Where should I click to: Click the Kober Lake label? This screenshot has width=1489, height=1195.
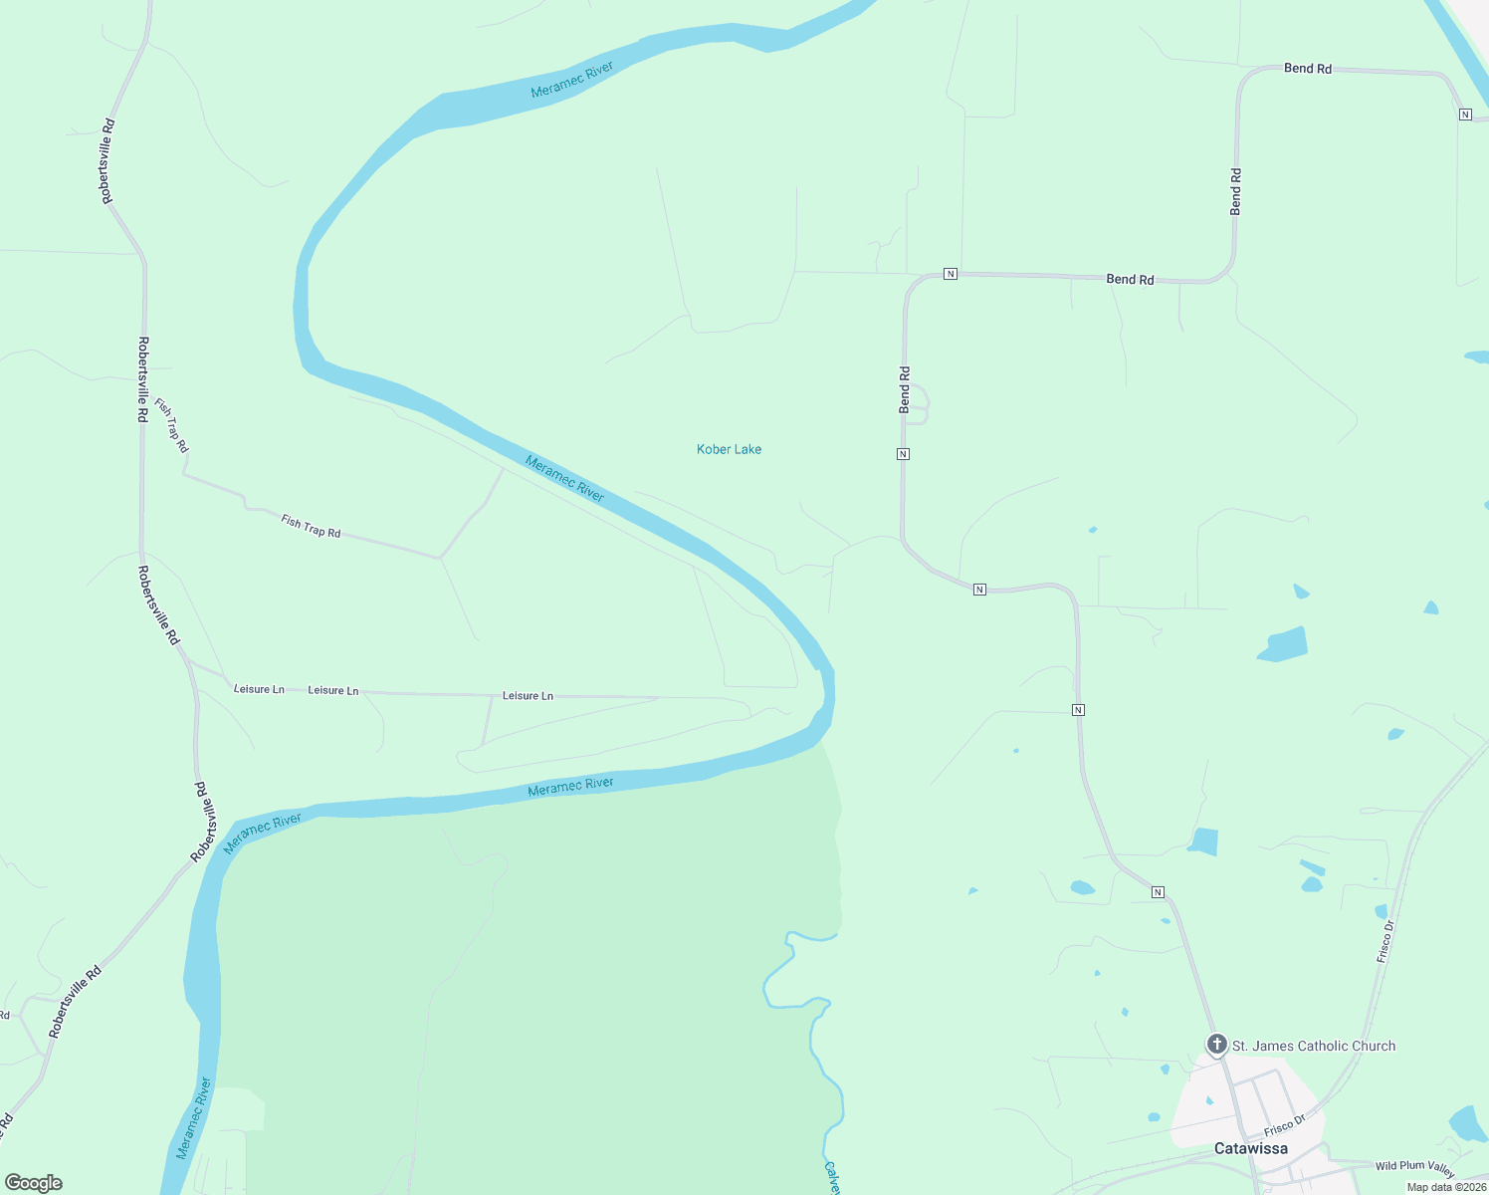[x=729, y=449]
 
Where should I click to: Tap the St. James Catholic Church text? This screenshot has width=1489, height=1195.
[x=1313, y=1046]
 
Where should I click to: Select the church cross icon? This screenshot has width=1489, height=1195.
[x=1216, y=1044]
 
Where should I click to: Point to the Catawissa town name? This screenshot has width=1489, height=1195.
[x=1250, y=1148]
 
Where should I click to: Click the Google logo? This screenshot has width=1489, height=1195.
[x=34, y=1183]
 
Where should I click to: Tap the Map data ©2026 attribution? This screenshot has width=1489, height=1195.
[x=1446, y=1187]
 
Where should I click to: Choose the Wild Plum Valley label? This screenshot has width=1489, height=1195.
[x=1414, y=1165]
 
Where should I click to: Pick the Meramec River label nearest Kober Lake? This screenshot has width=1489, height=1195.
[x=564, y=478]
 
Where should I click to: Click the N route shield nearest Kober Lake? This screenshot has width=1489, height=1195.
[x=903, y=454]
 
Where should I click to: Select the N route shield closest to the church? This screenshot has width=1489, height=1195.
[x=1158, y=892]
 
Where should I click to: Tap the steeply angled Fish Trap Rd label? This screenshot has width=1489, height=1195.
[x=171, y=425]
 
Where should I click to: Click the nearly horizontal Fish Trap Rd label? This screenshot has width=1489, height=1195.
[x=311, y=527]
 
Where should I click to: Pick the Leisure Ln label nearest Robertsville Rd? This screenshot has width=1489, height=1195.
[x=259, y=689]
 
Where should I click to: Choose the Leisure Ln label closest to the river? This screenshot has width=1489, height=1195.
[x=528, y=696]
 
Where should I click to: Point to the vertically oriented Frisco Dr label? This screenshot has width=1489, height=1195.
[x=1385, y=941]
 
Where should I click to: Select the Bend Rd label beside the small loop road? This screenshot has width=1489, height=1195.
[x=904, y=389]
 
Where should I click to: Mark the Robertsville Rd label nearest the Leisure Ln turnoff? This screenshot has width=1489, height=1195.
[x=158, y=605]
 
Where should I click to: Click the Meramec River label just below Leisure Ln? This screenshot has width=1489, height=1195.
[x=570, y=786]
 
